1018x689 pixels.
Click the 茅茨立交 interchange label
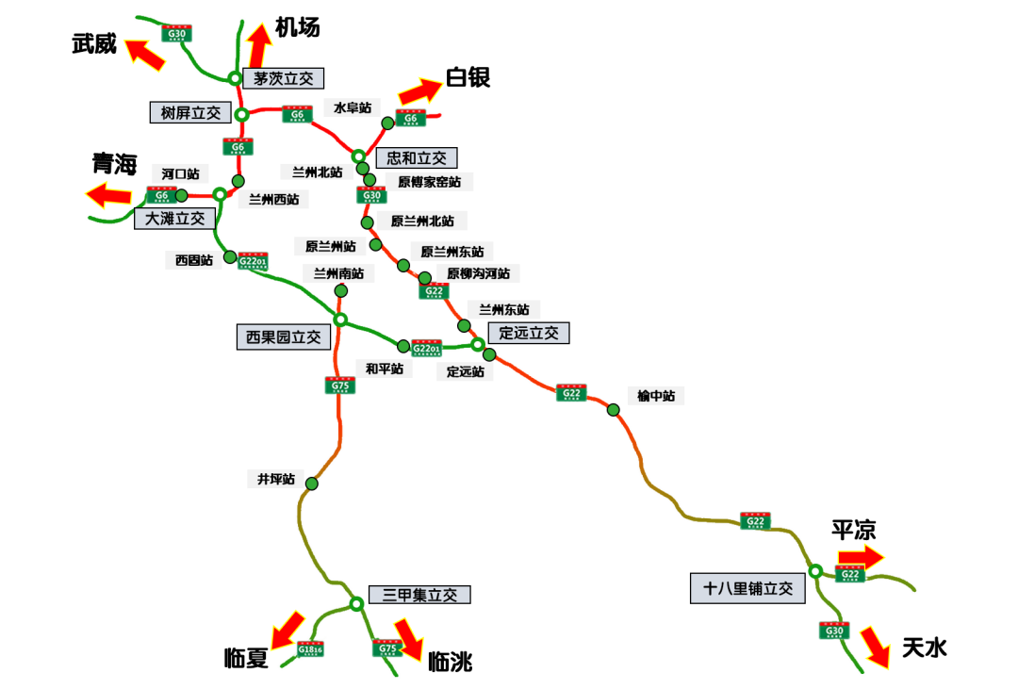pyautogui.click(x=283, y=79)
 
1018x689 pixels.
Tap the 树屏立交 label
pyautogui.click(x=189, y=113)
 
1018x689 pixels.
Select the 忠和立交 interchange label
pyautogui.click(x=416, y=158)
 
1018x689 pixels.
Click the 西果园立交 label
pyautogui.click(x=283, y=336)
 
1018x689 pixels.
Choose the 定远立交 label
pyautogui.click(x=528, y=333)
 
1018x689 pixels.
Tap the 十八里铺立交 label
pyautogui.click(x=748, y=589)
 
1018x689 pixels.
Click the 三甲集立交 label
pyautogui.click(x=419, y=595)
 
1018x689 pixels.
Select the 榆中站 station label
pyautogui.click(x=656, y=396)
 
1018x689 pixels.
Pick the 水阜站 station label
pyautogui.click(x=352, y=108)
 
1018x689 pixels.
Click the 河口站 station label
pyautogui.click(x=180, y=173)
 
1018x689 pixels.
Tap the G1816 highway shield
pyautogui.click(x=310, y=649)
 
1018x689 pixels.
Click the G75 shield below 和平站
pyautogui.click(x=341, y=386)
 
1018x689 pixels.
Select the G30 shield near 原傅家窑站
pyautogui.click(x=371, y=196)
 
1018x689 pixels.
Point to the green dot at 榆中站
pyautogui.click(x=614, y=409)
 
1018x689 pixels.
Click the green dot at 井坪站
pyautogui.click(x=311, y=484)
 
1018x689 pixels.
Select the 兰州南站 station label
pyautogui.click(x=338, y=273)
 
